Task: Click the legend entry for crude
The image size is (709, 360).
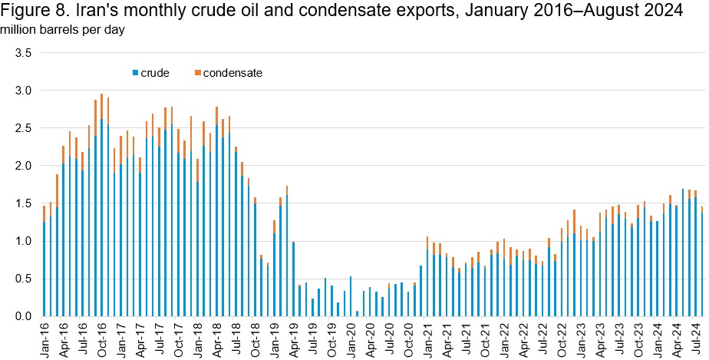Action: [x=154, y=73]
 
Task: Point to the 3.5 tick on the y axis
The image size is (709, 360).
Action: [x=22, y=53]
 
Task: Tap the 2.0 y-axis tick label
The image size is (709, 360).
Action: [x=22, y=166]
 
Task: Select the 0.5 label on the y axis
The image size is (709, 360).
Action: [x=22, y=279]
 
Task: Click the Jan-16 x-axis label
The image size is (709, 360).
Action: [x=45, y=338]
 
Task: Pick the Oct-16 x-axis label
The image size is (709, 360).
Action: [x=102, y=338]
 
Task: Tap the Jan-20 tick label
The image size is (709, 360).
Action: [x=351, y=338]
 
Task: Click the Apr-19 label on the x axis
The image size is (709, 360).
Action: [x=294, y=338]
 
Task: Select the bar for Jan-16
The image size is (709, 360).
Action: [x=45, y=261]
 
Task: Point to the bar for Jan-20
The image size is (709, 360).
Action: [x=351, y=296]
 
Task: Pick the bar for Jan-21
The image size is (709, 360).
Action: [x=427, y=276]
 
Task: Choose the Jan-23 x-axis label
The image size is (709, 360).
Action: [x=581, y=338]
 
